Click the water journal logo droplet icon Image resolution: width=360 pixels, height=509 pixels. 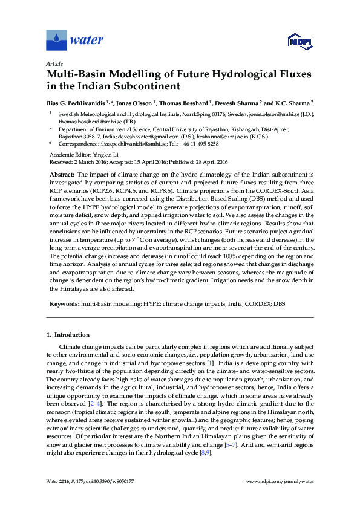pyautogui.click(x=56, y=41)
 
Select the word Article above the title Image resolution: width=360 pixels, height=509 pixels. pyautogui.click(x=54, y=63)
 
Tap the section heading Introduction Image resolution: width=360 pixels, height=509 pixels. pyautogui.click(x=71, y=334)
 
